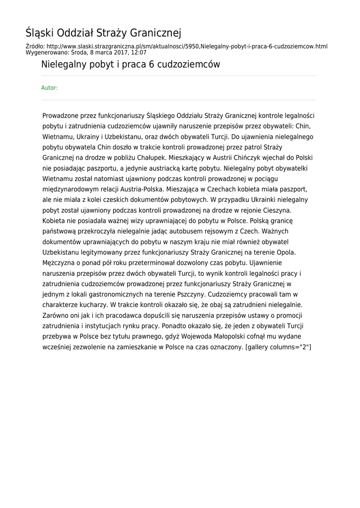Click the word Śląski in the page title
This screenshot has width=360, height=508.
click(40, 33)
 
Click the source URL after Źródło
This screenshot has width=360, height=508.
click(186, 46)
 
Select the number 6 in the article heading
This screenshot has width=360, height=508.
click(151, 64)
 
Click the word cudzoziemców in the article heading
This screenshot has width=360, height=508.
click(188, 64)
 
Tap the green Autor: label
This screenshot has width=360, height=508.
click(49, 88)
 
